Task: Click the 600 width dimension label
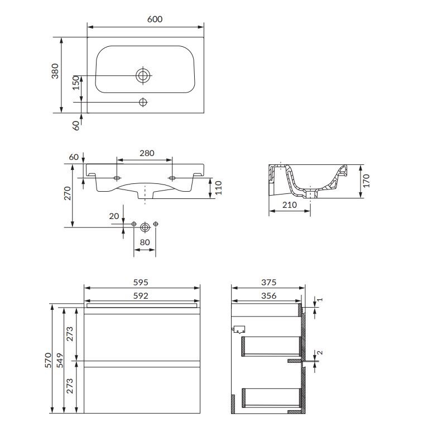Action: coord(155,20)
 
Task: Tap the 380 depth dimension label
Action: coord(55,71)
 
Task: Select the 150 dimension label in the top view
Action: coord(76,82)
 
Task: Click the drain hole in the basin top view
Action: coord(143,75)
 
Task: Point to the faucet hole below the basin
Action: coord(143,103)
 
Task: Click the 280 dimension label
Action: coord(147,153)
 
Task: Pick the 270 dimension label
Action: coord(68,193)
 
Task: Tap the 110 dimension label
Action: coord(219,188)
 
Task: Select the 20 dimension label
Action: coord(114,216)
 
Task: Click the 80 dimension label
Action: coord(145,242)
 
